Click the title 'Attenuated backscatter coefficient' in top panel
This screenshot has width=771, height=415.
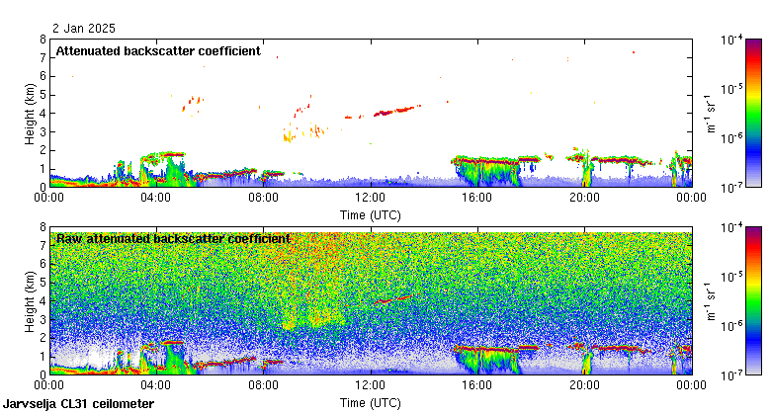coord(157,50)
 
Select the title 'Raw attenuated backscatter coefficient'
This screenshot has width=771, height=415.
coord(173,238)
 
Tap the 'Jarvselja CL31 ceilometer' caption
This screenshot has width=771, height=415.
coord(78,404)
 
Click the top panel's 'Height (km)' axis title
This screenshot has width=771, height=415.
coord(31,114)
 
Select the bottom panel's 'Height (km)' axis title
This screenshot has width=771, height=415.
coord(31,301)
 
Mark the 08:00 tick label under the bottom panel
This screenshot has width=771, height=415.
coord(263,386)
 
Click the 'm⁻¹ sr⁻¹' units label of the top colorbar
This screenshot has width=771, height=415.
coord(710,114)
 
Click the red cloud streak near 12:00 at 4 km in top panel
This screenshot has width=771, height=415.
coord(395,111)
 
